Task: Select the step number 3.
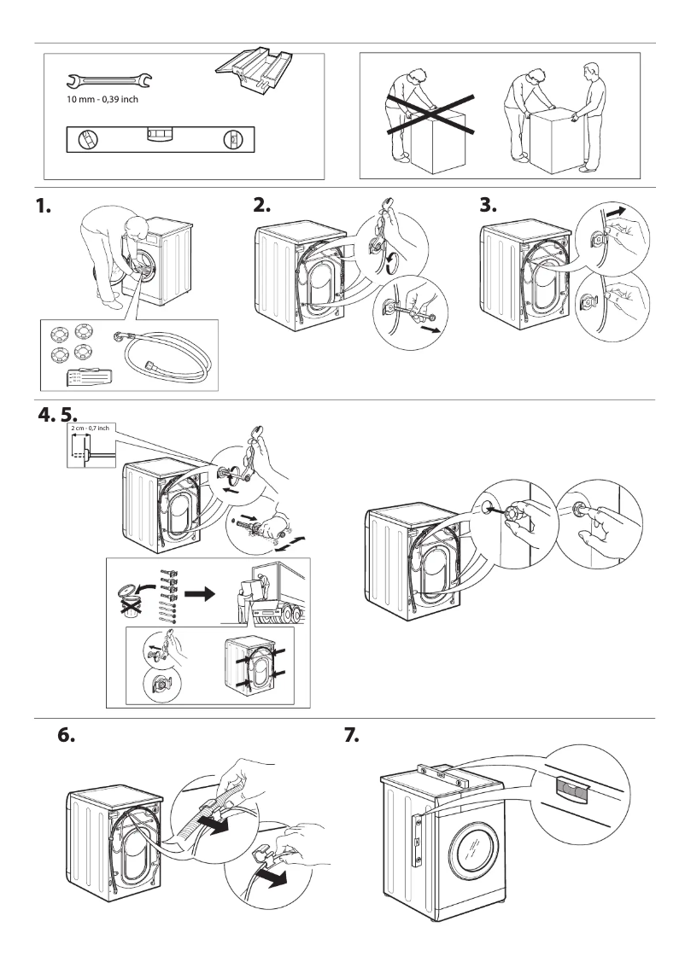(x=489, y=207)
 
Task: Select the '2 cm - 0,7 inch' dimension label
(x=93, y=427)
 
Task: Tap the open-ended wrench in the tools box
(x=108, y=82)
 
